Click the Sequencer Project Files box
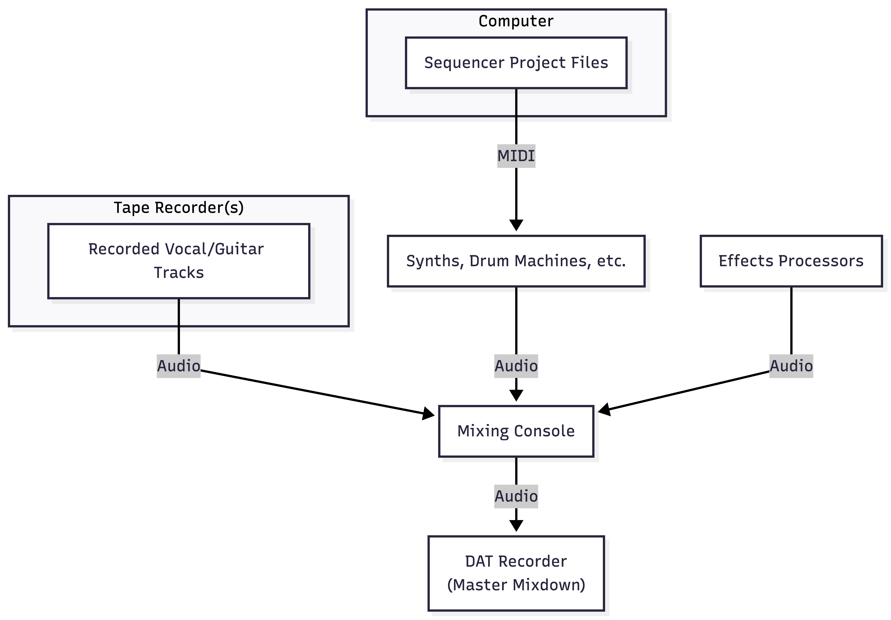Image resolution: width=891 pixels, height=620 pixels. tap(516, 63)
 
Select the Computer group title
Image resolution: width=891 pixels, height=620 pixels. tap(516, 21)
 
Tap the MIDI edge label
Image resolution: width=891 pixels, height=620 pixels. tap(516, 156)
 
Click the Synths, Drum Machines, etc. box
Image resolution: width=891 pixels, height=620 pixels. tap(516, 261)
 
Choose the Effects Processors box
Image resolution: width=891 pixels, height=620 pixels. tap(791, 261)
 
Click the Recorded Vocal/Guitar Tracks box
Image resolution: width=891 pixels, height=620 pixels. tap(179, 261)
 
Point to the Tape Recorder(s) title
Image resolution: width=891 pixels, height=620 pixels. tap(179, 208)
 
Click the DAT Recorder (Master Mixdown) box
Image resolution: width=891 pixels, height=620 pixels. tap(516, 573)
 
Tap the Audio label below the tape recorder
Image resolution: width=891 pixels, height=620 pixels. tap(179, 366)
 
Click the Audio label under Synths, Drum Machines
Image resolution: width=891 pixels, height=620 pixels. tap(516, 366)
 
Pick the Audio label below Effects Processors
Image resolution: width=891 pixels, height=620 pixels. tap(791, 366)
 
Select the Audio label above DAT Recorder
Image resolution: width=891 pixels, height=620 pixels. tap(516, 496)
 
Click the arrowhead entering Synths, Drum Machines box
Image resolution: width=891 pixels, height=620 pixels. tap(516, 225)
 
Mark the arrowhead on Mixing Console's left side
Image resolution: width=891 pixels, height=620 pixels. tap(429, 414)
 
